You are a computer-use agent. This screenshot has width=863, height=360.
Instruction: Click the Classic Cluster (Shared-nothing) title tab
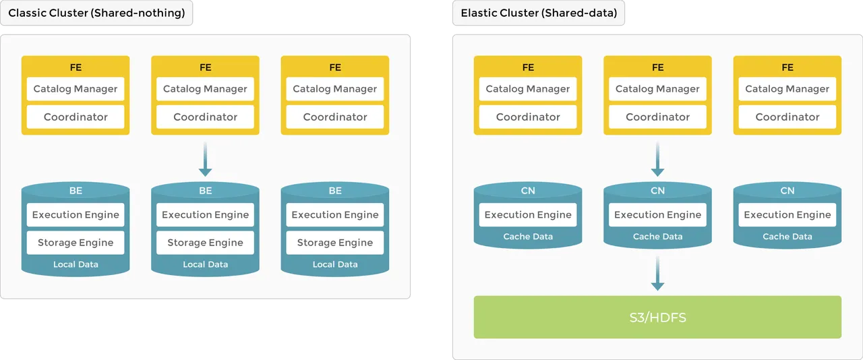point(96,13)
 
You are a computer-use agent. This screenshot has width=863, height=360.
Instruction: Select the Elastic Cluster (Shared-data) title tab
point(538,13)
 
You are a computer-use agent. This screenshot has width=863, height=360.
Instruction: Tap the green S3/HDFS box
point(657,317)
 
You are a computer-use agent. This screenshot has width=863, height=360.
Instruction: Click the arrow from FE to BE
point(206,162)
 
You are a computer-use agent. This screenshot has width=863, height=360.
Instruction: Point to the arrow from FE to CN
point(657,162)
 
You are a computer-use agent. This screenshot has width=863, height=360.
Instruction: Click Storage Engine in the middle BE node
point(206,243)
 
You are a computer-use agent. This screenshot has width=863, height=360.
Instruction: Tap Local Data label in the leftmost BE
point(76,264)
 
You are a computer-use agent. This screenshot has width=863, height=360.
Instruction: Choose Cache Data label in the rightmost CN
point(787,237)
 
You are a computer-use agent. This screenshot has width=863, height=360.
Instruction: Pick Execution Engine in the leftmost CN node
point(528,215)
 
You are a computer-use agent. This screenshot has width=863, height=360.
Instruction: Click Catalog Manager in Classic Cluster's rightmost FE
point(335,89)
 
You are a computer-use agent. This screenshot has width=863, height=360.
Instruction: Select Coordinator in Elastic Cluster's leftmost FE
point(528,117)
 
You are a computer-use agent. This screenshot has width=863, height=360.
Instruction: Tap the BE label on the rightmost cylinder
point(335,191)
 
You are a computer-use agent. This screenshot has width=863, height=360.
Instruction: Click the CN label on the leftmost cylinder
point(528,191)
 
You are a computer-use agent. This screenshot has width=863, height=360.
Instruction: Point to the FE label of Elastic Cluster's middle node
point(657,67)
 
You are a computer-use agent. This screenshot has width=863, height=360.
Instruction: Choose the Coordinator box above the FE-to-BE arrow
point(206,117)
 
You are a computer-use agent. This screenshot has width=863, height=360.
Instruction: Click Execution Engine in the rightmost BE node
point(335,215)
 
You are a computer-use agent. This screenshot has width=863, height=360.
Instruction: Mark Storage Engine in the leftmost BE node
point(76,243)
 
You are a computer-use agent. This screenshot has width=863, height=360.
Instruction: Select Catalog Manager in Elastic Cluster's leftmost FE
point(528,89)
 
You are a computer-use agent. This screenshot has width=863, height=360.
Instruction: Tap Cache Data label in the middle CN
point(657,237)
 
